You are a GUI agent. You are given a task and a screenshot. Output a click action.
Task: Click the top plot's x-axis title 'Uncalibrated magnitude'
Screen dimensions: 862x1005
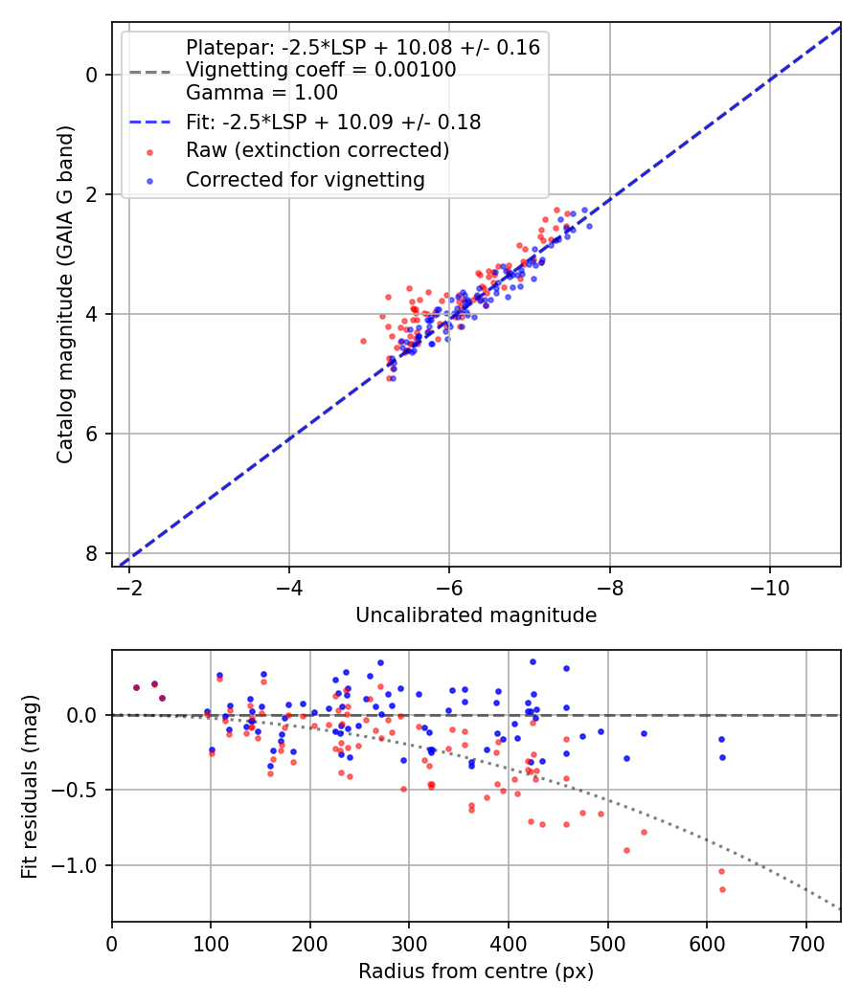click(x=476, y=615)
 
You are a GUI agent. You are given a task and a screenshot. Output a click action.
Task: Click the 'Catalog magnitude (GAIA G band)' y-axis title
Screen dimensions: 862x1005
click(x=65, y=294)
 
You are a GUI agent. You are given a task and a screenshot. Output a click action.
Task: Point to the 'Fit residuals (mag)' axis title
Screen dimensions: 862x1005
click(x=30, y=787)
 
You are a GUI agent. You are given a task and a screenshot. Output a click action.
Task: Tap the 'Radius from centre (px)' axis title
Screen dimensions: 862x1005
click(x=476, y=971)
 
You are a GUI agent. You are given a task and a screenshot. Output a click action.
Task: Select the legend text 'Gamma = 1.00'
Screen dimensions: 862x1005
click(x=261, y=93)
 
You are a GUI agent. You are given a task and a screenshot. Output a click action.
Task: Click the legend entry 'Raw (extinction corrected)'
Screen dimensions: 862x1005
click(x=317, y=150)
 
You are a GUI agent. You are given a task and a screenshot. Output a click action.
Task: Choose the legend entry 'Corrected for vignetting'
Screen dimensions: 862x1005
click(x=306, y=180)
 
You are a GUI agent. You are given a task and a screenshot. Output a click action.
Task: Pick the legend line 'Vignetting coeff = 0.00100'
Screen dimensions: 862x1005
click(x=321, y=70)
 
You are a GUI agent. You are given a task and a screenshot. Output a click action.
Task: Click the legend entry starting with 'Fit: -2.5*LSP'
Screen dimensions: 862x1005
click(x=333, y=123)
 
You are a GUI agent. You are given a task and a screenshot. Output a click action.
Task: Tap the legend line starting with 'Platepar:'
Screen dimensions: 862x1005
click(x=363, y=48)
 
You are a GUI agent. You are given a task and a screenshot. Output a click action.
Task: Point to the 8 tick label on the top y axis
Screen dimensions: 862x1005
click(x=92, y=554)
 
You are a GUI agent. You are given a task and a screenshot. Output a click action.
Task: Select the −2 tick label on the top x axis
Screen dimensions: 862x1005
click(x=129, y=589)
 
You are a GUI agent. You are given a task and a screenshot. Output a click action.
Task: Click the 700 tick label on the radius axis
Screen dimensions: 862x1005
click(x=805, y=944)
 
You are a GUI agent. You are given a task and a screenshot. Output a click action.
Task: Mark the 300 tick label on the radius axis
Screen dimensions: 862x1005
click(x=409, y=944)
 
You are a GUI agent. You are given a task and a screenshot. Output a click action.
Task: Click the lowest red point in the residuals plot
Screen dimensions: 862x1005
click(x=722, y=889)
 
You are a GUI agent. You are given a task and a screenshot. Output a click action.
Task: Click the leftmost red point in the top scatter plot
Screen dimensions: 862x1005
click(x=363, y=342)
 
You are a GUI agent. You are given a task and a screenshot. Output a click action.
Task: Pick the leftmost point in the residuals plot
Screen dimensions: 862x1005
click(x=136, y=688)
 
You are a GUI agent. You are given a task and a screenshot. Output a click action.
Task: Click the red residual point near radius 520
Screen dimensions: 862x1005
click(x=626, y=851)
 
